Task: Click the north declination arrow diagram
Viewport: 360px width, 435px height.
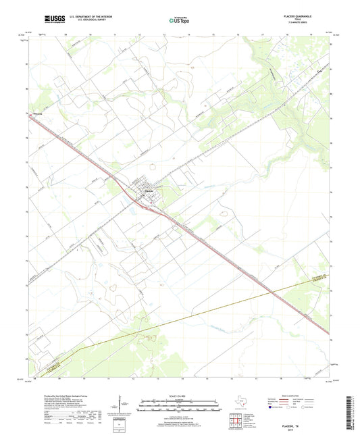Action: tap(120, 404)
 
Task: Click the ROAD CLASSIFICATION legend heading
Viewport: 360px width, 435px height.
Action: tap(287, 396)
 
